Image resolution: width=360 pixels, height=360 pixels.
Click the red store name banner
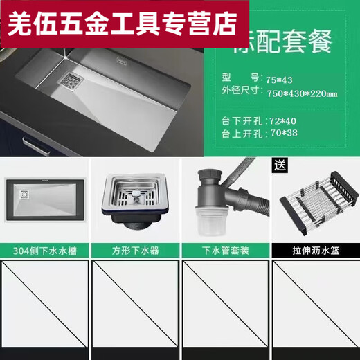pyautogui.click(x=124, y=23)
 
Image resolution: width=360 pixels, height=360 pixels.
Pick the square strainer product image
pyautogui.click(x=134, y=201)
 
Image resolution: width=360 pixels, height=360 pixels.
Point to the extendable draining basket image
pyautogui.click(x=314, y=204)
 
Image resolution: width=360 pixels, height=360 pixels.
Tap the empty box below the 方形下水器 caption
pyautogui.click(x=134, y=308)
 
